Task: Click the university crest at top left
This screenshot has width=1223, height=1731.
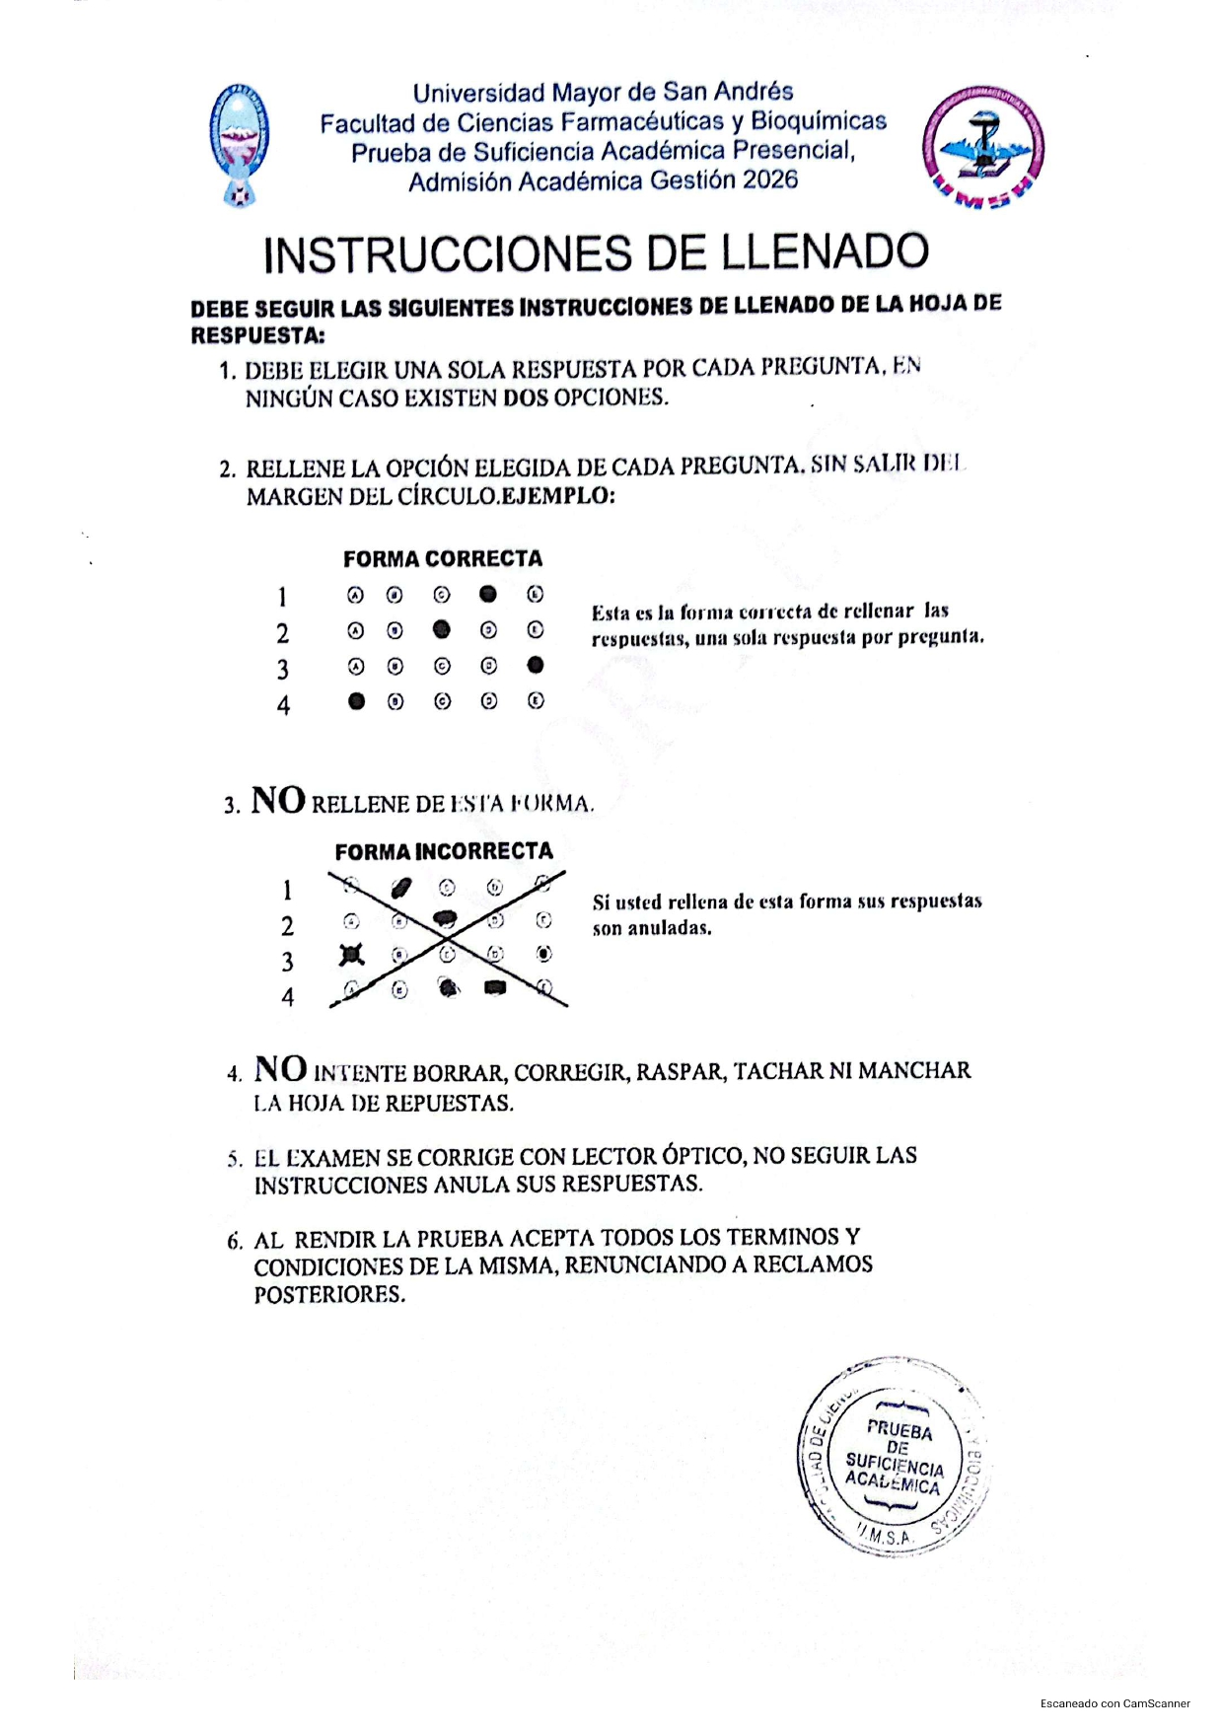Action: tap(240, 144)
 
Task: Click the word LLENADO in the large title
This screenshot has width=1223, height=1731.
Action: tap(825, 252)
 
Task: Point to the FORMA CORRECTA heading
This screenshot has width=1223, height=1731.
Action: tap(443, 558)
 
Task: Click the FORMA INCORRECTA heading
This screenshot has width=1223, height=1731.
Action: tap(444, 851)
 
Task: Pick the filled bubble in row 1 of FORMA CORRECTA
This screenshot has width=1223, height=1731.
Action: tap(488, 594)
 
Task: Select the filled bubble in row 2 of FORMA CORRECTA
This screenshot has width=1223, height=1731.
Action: tap(442, 629)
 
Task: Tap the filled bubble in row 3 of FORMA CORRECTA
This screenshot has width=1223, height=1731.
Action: tap(536, 665)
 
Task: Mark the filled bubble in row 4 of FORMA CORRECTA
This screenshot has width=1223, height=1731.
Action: tap(357, 701)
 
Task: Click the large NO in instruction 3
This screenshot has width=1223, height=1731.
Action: tap(278, 800)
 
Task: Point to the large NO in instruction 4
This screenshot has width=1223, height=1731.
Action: tap(280, 1068)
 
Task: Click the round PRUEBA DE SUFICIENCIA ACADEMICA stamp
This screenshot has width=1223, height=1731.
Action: tap(894, 1457)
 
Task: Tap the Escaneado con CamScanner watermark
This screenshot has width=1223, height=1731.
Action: tap(1115, 1703)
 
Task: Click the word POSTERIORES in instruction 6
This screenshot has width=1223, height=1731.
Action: tap(329, 1295)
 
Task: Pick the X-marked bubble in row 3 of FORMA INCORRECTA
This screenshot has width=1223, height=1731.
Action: tap(352, 954)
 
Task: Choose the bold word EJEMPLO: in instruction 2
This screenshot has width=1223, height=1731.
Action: tap(558, 495)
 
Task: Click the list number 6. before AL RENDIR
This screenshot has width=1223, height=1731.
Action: tap(234, 1241)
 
